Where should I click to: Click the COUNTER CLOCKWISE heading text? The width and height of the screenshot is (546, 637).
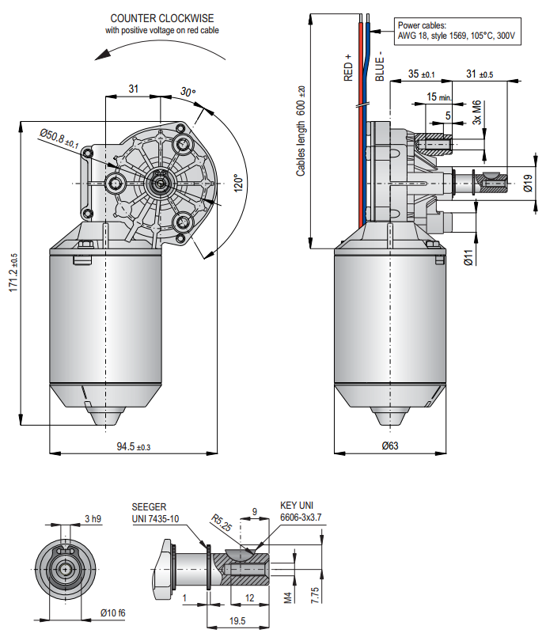coord(162,18)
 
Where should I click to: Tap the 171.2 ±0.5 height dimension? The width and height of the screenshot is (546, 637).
coord(13,272)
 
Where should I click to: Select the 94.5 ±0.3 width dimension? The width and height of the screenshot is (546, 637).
coord(134,446)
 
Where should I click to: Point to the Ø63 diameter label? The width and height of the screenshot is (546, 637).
coord(390,446)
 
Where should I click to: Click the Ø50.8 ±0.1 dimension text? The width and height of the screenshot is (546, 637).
coord(59,138)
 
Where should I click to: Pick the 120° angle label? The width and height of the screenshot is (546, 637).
coord(238,184)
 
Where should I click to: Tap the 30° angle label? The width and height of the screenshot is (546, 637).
coord(188,92)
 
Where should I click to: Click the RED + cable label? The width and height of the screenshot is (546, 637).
coord(348,67)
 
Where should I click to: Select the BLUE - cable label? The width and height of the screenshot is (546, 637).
coord(380,66)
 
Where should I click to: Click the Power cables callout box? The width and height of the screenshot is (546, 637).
coord(457,31)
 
